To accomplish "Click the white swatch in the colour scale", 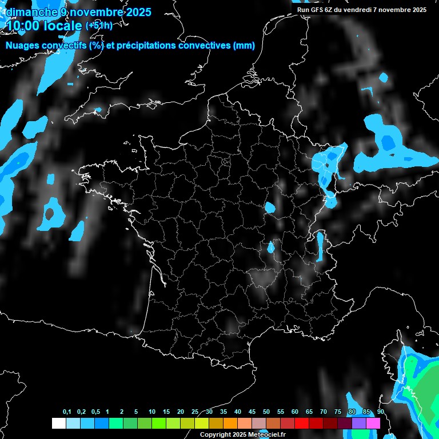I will tap(58, 423).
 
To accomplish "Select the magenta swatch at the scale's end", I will tap(373, 423).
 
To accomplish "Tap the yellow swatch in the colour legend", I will tap(201, 423).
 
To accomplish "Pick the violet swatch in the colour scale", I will tap(359, 423).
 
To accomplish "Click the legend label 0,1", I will tap(67, 412).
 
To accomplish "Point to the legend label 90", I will tap(381, 412).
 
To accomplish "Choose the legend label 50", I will tap(266, 412).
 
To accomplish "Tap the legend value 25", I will tap(195, 412).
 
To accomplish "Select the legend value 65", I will tap(309, 412).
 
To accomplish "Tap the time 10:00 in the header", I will tap(22, 25).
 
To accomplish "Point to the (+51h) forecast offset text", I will tap(99, 25).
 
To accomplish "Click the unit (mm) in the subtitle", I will tap(244, 46).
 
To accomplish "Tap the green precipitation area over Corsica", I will tap(426, 394).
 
